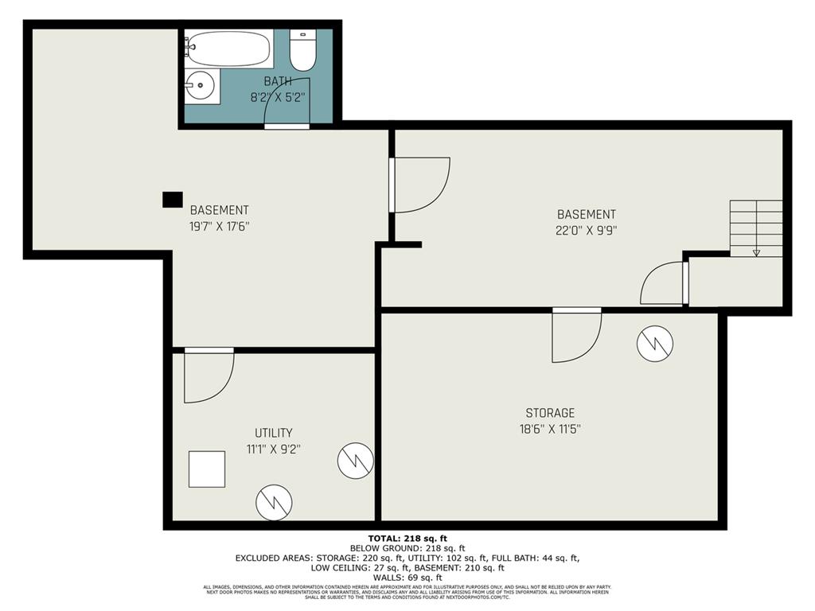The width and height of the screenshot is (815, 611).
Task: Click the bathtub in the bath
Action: coord(228,48)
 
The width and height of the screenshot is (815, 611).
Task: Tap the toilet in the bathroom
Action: coord(302,50)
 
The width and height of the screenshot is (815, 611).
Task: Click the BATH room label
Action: coord(277,81)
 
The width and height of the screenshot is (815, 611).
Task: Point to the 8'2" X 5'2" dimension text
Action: coord(277,99)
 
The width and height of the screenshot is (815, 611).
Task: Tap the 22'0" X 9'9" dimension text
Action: coord(586,231)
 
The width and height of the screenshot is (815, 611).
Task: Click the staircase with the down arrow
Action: coord(756,228)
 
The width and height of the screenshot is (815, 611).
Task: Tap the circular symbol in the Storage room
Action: coord(655,344)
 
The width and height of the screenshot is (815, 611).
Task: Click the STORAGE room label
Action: coord(549,413)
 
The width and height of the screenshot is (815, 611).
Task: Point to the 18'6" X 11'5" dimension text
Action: coord(549,429)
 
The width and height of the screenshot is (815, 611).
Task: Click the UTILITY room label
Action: coord(274,433)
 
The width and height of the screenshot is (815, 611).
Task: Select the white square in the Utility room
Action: coord(207,469)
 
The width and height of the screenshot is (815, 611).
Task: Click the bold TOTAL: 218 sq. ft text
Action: coord(407,539)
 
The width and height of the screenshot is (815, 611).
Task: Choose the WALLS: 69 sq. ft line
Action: coord(407,577)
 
